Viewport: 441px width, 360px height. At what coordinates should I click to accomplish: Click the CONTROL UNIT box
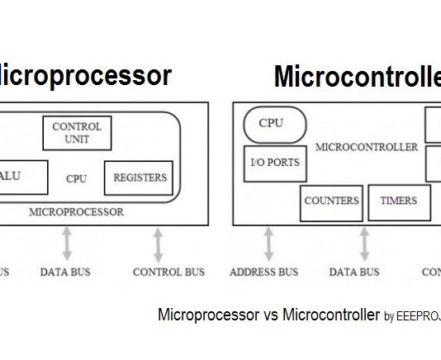click(77, 133)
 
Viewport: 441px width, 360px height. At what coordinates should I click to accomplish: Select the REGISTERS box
click(139, 178)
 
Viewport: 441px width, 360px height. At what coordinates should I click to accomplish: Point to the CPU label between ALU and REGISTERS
click(77, 178)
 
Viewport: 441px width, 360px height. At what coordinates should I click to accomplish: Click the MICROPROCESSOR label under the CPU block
click(76, 211)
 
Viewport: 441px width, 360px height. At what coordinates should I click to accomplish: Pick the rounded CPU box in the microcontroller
click(274, 124)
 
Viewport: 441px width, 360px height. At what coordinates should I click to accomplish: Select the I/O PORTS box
click(274, 163)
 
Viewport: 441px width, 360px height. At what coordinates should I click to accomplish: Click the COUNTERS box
click(331, 201)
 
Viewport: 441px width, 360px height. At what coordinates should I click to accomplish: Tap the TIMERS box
click(398, 201)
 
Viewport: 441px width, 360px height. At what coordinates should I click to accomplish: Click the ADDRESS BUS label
click(263, 272)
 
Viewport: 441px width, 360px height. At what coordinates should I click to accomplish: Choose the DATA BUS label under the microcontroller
click(354, 272)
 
